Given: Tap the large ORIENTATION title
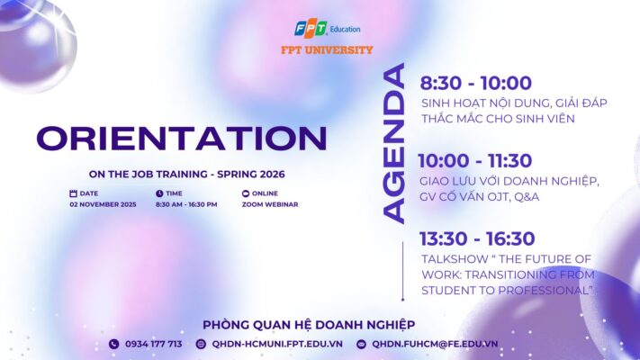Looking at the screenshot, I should coord(181,138).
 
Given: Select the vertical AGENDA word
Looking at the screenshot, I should coord(393,143).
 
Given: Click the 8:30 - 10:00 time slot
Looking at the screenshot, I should coord(475,84).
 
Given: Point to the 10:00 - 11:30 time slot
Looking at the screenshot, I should coord(474,161).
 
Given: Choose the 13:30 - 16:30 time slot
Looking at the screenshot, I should coord(477,238).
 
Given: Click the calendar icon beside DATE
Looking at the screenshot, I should coord(73,193).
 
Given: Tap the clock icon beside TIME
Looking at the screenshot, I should coord(159,193).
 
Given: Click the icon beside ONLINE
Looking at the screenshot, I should coord(246,193).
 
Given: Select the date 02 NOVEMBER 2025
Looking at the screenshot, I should coord(104,204).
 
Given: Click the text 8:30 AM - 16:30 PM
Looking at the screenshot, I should coord(186,204).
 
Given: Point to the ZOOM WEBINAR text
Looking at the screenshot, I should coord(270,204).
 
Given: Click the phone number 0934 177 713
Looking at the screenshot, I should coord(153,344).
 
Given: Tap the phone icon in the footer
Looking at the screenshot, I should coord(113,344).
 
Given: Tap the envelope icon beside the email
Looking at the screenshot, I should coord(361,344).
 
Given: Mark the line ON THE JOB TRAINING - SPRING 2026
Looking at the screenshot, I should coord(180,174).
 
